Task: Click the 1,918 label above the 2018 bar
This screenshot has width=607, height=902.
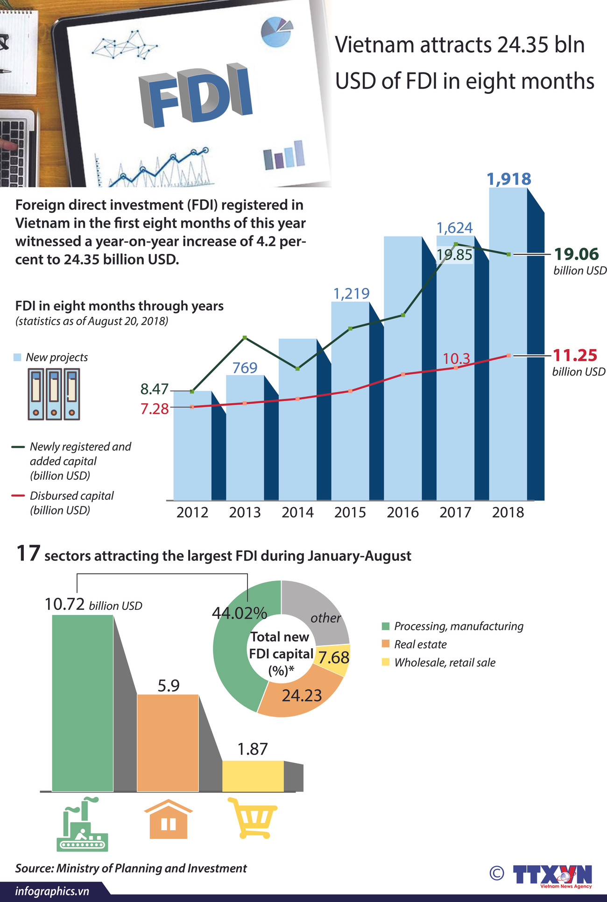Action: [x=509, y=179]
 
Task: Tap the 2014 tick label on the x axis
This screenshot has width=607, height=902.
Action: [x=297, y=512]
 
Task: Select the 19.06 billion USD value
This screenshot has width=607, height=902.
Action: [x=576, y=254]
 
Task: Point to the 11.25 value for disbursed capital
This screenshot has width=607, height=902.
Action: [x=575, y=356]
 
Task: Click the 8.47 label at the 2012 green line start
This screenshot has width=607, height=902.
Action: [x=154, y=389]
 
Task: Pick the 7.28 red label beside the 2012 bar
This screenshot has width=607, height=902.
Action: [x=154, y=409]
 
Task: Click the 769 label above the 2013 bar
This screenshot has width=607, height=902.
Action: [x=245, y=368]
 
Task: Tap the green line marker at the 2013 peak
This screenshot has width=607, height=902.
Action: [x=245, y=337]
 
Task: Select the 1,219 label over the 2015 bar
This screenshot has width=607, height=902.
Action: [x=351, y=294]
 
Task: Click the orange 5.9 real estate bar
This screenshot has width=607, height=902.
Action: [x=168, y=742]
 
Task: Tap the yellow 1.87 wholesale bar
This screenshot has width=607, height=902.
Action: [x=253, y=776]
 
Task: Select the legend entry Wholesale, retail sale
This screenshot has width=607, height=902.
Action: [x=444, y=663]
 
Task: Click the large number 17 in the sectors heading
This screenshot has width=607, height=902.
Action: [x=28, y=554]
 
